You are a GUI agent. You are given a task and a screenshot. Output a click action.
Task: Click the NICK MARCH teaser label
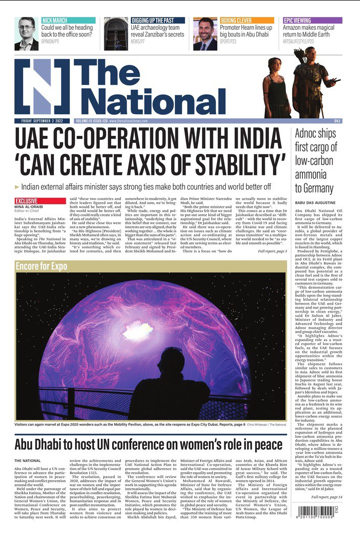point(55,20)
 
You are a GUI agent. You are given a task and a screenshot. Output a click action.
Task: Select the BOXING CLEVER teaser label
point(236,20)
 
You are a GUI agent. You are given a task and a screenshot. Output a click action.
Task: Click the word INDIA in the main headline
point(249,140)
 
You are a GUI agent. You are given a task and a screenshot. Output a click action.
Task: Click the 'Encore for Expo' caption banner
point(42,266)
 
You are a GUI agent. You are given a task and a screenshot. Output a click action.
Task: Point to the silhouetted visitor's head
point(173,360)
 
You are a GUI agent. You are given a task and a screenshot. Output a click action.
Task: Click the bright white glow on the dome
point(138,330)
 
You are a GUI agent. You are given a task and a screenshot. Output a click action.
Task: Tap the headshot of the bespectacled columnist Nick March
point(26,33)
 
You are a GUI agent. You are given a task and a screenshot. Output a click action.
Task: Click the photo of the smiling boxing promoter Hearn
point(205,33)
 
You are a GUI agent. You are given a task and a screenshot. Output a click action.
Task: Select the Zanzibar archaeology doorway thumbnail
point(116,33)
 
